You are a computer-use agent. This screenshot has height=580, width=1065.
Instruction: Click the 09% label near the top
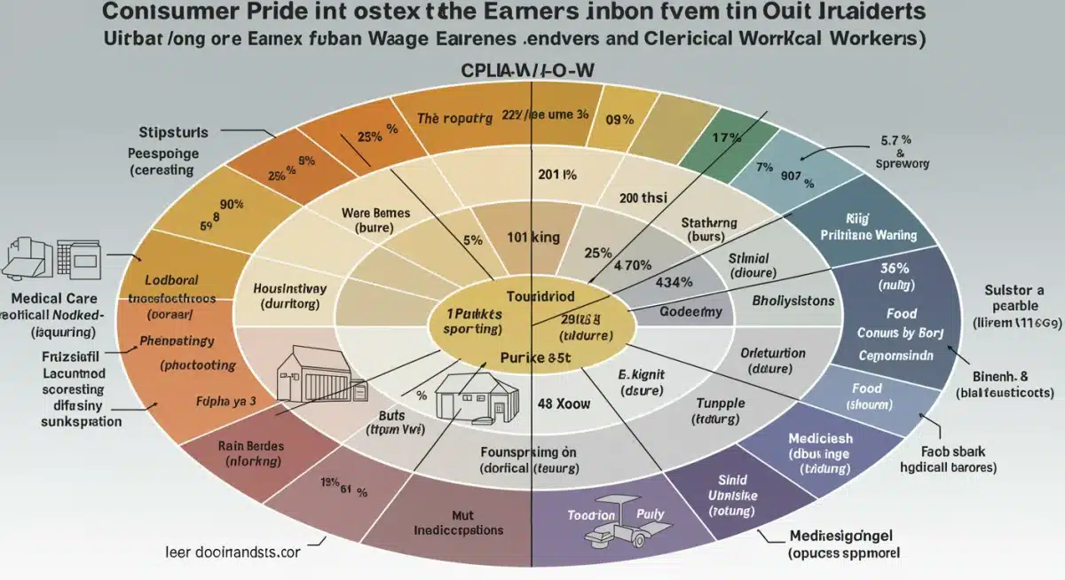pos(619,119)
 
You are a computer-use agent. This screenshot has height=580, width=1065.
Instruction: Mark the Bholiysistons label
pos(793,301)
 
